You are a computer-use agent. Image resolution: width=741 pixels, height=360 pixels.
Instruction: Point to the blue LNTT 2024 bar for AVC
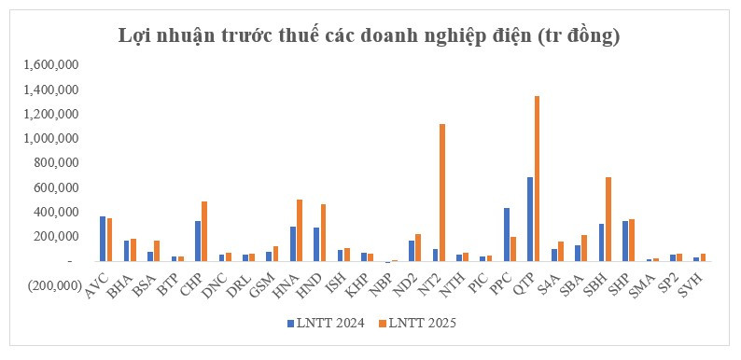tap(102, 239)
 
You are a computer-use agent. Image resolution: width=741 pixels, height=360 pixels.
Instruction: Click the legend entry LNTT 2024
tap(327, 323)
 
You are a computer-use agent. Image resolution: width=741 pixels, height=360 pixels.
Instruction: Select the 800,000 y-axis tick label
tap(54, 163)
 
